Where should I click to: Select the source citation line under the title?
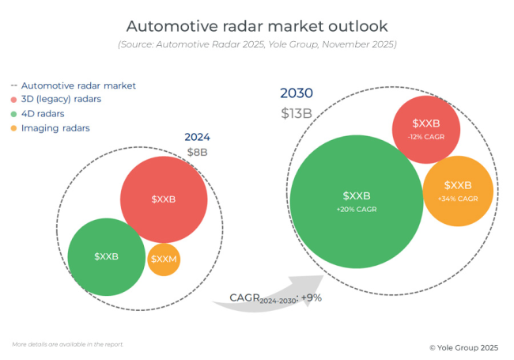coord(256,44)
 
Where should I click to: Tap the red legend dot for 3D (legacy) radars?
coord(14,100)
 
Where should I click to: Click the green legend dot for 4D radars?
coord(14,114)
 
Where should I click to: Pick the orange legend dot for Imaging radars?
coord(14,128)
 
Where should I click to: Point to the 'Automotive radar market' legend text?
coord(78,85)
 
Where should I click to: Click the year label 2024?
coord(197,137)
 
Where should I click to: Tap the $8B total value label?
coord(197,152)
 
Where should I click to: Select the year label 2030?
coord(297,93)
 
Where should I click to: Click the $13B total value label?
coord(296,113)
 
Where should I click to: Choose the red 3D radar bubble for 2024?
coord(164,199)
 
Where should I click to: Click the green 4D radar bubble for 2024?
coord(107,256)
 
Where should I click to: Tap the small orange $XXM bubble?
coord(164,260)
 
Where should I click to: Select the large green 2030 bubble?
coord(357,202)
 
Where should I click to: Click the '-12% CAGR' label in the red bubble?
coord(425,136)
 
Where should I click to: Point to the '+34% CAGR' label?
coord(458,199)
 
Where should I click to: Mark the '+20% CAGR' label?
coord(357,210)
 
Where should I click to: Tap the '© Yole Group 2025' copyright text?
coord(463,347)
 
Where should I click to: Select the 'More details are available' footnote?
coord(68,344)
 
